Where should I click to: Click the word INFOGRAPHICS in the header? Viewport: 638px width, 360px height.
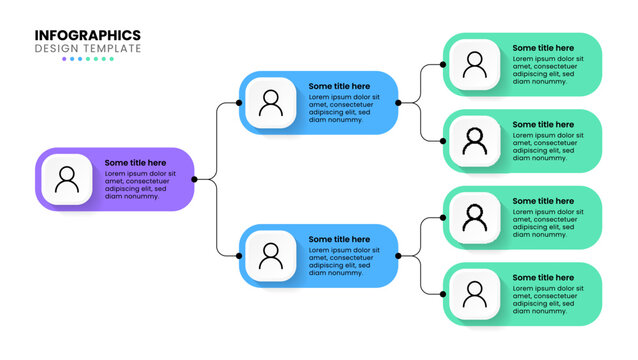tap(88, 35)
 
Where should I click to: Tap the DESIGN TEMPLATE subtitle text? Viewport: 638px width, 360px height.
tap(88, 48)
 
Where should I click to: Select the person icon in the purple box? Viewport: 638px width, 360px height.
tap(67, 180)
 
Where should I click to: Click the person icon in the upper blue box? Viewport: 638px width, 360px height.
tap(270, 103)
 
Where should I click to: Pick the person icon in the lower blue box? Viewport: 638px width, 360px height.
tap(270, 256)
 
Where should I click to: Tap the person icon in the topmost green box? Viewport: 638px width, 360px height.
tap(474, 65)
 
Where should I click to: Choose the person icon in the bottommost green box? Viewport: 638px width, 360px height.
tap(474, 294)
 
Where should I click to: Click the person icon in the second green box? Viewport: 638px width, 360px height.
tap(474, 142)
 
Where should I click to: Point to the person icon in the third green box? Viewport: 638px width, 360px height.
tap(474, 218)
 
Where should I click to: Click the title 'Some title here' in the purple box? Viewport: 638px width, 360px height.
tap(136, 163)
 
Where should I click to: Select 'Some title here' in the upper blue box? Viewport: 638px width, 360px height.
tap(339, 86)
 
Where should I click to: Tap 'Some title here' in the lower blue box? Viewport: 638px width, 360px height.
tap(339, 239)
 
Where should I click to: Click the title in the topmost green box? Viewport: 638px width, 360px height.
tap(543, 48)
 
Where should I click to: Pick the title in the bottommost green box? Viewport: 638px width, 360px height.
tap(543, 277)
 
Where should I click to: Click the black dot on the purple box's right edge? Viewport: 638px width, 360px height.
tap(194, 180)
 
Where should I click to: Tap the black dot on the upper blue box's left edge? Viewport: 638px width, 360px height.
tap(239, 103)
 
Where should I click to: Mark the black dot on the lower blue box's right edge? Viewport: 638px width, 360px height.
tap(398, 256)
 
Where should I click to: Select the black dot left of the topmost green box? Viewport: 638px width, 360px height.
tap(443, 65)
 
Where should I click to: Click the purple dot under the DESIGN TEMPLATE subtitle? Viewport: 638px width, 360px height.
tap(65, 59)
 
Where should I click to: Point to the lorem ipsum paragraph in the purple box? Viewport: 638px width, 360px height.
tap(140, 185)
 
